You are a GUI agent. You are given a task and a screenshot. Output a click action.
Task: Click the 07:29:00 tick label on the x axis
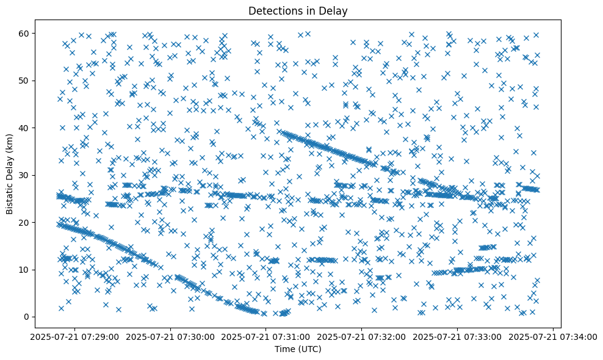coord(75,336)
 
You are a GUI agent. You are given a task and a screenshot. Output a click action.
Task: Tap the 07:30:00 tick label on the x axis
coord(171,336)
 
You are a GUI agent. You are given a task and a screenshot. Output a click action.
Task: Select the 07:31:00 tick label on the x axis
coord(266,336)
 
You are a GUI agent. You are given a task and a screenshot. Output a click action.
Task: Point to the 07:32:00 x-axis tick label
coord(362,336)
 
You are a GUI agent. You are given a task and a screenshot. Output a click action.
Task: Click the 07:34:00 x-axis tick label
coord(553,336)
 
